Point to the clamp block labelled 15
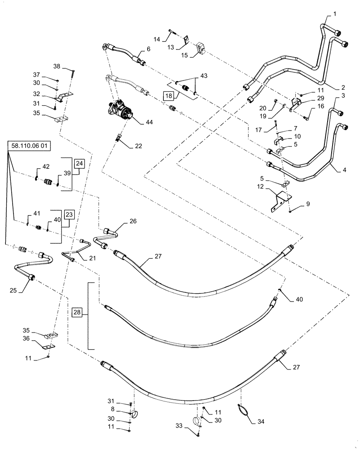201,47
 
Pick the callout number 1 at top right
335,15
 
